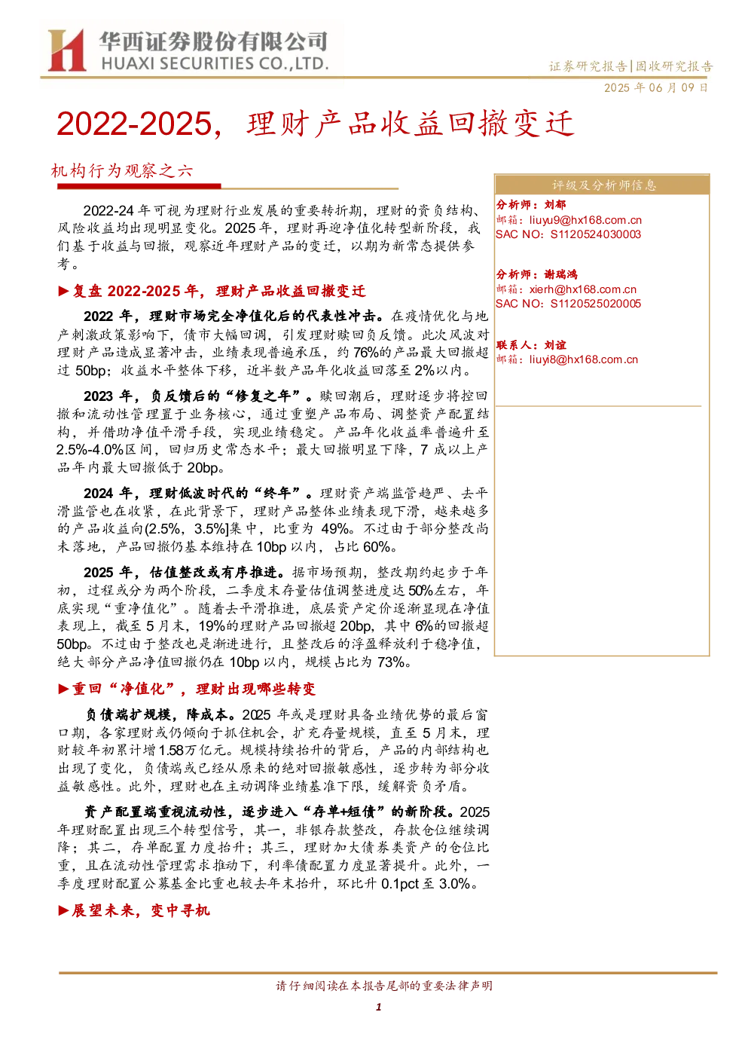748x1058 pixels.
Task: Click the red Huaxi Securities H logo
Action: [x=66, y=50]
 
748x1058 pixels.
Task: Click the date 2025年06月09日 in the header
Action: [x=655, y=87]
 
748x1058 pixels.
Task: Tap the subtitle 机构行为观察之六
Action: [x=122, y=170]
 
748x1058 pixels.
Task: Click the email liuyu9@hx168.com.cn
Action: [x=585, y=219]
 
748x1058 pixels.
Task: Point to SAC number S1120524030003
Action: [x=596, y=234]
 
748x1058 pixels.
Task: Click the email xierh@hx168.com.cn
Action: [x=583, y=289]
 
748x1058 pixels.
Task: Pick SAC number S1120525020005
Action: [x=596, y=303]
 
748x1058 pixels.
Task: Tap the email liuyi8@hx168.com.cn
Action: [x=583, y=359]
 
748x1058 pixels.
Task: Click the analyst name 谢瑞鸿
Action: [x=560, y=274]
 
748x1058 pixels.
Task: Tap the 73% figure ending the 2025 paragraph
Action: [x=390, y=662]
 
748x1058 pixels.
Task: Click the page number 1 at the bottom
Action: [x=378, y=1007]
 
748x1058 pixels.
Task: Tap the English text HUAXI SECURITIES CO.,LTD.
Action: [x=215, y=63]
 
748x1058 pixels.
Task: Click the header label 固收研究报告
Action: [x=674, y=66]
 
